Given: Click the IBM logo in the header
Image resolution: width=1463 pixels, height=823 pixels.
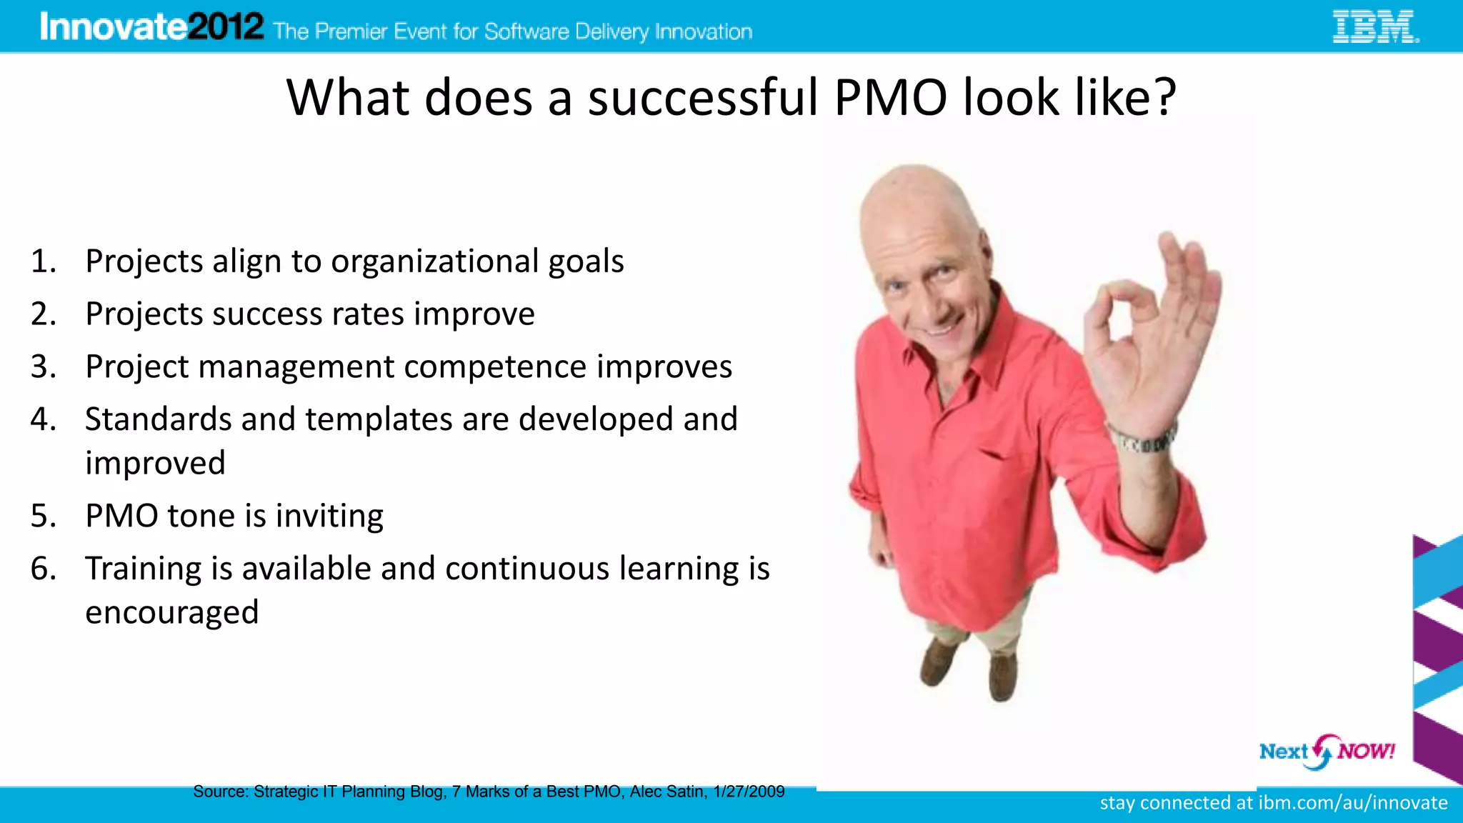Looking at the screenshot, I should (1375, 27).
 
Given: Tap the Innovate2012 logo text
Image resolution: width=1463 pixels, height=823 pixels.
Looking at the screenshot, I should (151, 27).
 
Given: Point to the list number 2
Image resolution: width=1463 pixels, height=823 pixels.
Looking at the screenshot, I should (43, 314).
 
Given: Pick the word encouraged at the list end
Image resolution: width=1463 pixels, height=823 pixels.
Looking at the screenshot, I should (171, 613).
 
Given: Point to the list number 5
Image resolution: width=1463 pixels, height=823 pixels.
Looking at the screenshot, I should (43, 517).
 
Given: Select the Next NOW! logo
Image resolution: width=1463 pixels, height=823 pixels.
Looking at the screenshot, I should (1326, 752).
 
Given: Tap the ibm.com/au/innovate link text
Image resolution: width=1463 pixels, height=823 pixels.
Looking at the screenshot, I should (1352, 803).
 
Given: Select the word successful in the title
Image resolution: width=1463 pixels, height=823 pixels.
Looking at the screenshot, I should (703, 97).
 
